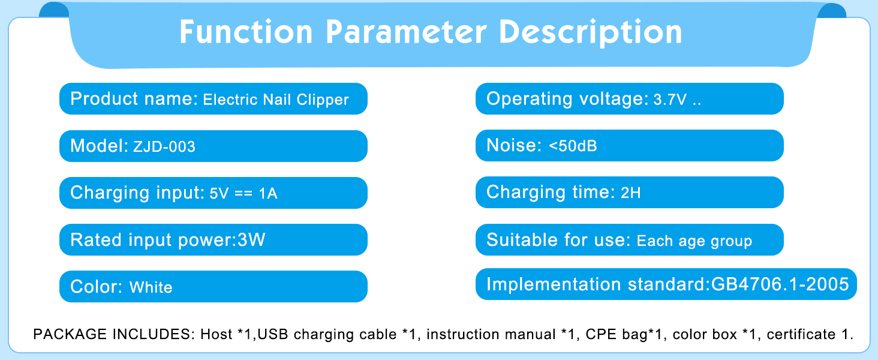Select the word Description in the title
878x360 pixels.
tap(590, 33)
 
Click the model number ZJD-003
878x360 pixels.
tap(164, 146)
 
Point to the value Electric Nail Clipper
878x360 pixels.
tap(275, 100)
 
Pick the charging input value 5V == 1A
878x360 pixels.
tap(243, 193)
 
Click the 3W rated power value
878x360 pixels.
tap(251, 239)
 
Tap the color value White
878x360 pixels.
tap(151, 287)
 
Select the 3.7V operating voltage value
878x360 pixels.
tap(670, 100)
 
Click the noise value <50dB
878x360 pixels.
tap(573, 146)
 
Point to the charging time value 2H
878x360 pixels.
tap(631, 193)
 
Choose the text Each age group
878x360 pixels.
tap(694, 241)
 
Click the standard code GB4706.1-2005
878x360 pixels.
tap(780, 284)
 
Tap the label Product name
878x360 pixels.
tap(134, 98)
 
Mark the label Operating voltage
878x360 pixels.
tap(567, 99)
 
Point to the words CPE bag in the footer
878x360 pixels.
tap(617, 335)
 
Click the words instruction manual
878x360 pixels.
tap(491, 334)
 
